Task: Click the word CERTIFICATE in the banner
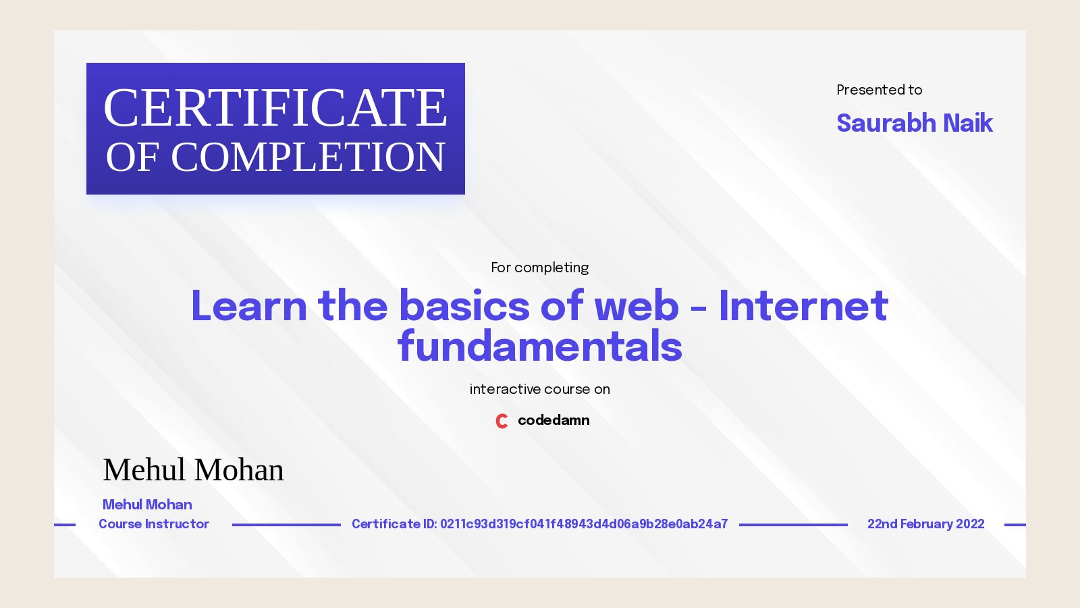(275, 108)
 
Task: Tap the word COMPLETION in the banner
(308, 157)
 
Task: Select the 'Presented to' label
(879, 90)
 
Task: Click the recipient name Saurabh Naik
(914, 123)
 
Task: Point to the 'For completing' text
(539, 268)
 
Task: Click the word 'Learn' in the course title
(248, 306)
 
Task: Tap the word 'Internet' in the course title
(803, 306)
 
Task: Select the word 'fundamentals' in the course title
(539, 347)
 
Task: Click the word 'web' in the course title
(636, 306)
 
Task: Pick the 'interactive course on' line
(539, 389)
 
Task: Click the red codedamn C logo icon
(502, 421)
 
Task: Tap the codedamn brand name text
(553, 420)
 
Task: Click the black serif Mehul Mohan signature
(193, 470)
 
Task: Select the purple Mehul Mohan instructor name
(147, 505)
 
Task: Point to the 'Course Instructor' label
(154, 524)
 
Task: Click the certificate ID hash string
(584, 524)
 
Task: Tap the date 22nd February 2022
(925, 524)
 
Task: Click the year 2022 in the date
(970, 524)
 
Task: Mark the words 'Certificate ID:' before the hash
(394, 524)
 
